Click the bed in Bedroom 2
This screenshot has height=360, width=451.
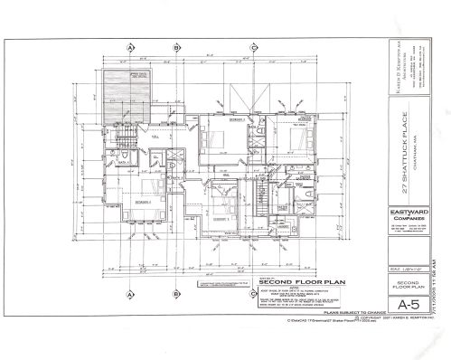[213, 139]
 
